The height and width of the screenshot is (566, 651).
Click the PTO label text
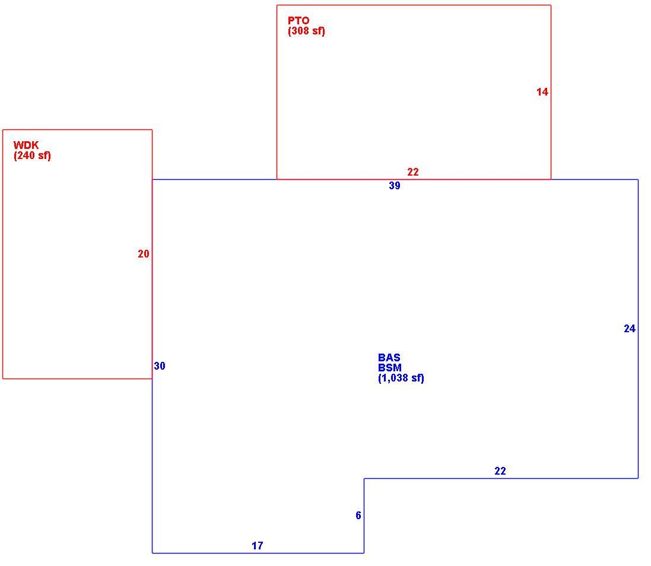point(298,20)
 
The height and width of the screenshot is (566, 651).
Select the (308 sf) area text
point(306,31)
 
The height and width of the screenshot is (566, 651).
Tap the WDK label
point(26,145)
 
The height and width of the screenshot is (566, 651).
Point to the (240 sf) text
point(33,156)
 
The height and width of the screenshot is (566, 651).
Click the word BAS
point(389,357)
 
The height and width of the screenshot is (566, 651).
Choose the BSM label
point(390,368)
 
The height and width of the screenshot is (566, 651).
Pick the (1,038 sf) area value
point(401,378)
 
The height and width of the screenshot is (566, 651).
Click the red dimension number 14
point(542,92)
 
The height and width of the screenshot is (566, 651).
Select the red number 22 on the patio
point(412,172)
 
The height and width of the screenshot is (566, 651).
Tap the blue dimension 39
point(395,186)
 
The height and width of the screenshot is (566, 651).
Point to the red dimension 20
point(143,254)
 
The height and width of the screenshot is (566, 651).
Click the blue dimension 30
point(160,366)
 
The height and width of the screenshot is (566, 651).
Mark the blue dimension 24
point(630,329)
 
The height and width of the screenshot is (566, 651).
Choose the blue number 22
point(500,471)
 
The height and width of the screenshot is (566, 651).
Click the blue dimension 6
point(358,516)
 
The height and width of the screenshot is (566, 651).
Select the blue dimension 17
point(258,546)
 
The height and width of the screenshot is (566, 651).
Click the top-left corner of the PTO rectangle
point(277,5)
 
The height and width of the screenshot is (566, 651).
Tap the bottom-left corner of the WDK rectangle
point(3,379)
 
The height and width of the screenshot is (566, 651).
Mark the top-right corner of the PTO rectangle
point(551,5)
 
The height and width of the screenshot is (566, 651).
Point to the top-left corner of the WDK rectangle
point(3,130)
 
